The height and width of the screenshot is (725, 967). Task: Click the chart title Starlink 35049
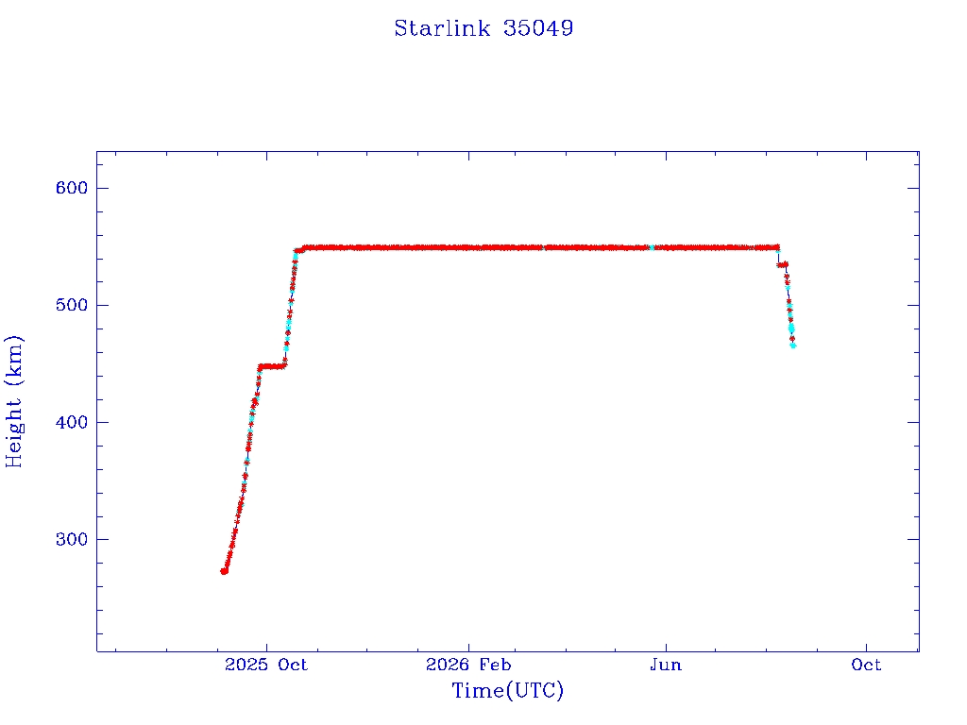tap(483, 28)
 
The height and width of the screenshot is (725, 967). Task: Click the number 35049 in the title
tap(537, 28)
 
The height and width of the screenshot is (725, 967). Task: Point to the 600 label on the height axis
tap(72, 188)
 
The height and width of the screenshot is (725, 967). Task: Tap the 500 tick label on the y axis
tap(72, 305)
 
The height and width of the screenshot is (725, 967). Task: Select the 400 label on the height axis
tap(72, 422)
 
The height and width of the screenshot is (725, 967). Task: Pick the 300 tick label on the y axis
tap(72, 539)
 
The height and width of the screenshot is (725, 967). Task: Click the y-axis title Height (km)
tap(13, 401)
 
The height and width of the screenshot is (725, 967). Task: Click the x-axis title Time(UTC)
tap(507, 690)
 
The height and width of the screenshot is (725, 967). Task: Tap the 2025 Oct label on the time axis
tap(265, 665)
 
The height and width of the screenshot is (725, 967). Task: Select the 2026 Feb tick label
tap(468, 665)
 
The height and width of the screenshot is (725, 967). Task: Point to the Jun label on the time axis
tap(666, 665)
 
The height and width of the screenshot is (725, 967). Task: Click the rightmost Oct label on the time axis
tap(866, 665)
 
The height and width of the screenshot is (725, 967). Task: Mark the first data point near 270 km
tap(224, 571)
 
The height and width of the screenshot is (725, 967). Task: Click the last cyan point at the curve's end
tap(793, 346)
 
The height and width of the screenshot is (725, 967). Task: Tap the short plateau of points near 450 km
tap(272, 367)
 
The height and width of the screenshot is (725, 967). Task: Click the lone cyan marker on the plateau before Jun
tap(652, 247)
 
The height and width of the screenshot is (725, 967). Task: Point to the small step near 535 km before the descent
tap(782, 265)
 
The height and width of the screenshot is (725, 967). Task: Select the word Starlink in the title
tap(442, 28)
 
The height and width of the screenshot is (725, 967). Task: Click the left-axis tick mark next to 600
tap(102, 188)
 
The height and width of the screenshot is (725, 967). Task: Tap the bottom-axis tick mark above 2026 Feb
tap(468, 646)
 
